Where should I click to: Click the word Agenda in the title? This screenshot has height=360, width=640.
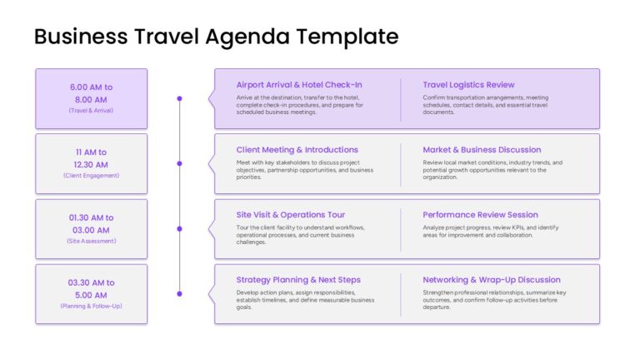[x=247, y=37]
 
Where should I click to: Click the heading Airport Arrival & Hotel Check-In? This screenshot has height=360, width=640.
[x=299, y=85]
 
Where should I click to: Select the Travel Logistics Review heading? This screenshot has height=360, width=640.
[x=468, y=85]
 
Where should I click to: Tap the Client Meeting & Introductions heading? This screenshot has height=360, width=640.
[x=297, y=150]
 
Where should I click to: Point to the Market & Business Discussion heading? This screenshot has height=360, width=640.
[x=482, y=150]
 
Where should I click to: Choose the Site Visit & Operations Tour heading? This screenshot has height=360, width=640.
[x=291, y=215]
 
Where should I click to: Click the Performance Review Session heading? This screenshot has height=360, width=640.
[x=480, y=215]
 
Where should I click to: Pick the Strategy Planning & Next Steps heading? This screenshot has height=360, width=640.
[x=298, y=280]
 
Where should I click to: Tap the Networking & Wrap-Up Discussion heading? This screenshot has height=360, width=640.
[x=492, y=280]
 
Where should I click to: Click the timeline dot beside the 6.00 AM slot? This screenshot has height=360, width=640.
[x=180, y=98]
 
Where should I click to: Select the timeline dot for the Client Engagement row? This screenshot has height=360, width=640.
[x=180, y=163]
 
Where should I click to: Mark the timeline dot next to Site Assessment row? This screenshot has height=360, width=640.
[x=180, y=229]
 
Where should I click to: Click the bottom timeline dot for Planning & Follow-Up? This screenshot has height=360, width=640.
[x=180, y=294]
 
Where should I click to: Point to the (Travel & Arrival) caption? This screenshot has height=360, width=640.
[x=91, y=111]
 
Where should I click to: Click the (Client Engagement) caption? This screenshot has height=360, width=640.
[x=92, y=176]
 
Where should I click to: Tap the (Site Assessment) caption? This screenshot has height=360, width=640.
[x=92, y=241]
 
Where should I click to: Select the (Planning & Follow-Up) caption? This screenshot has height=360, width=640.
[x=92, y=306]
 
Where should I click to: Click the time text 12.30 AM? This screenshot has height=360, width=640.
[x=91, y=165]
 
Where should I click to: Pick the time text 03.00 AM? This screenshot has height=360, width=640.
[x=91, y=230]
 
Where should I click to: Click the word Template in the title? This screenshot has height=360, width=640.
[x=347, y=37]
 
